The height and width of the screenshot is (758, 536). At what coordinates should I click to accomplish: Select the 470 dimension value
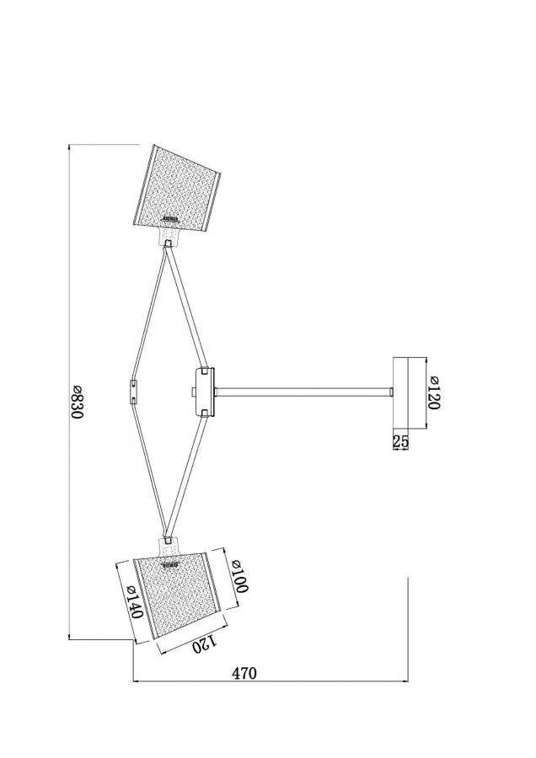pyautogui.click(x=244, y=672)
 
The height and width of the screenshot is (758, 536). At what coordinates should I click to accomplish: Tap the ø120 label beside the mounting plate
pyautogui.click(x=434, y=392)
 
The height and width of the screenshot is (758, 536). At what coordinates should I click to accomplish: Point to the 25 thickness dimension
pyautogui.click(x=401, y=440)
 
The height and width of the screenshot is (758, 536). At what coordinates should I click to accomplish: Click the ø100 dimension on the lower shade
pyautogui.click(x=239, y=576)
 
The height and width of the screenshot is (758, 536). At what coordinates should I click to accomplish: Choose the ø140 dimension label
pyautogui.click(x=133, y=602)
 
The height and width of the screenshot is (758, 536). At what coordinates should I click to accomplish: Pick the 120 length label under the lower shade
pyautogui.click(x=205, y=644)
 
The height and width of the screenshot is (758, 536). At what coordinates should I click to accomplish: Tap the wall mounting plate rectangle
pyautogui.click(x=400, y=392)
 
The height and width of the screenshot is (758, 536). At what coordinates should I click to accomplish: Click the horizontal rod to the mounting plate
pyautogui.click(x=303, y=392)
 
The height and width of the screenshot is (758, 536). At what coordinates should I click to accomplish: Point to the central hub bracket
pyautogui.click(x=204, y=392)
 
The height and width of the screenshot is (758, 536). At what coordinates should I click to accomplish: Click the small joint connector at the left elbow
pyautogui.click(x=133, y=392)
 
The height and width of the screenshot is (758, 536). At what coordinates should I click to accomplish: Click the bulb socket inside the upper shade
pyautogui.click(x=171, y=220)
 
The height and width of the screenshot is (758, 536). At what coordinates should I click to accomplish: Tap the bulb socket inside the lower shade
pyautogui.click(x=171, y=563)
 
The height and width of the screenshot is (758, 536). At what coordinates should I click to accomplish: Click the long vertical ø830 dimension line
pyautogui.click(x=69, y=392)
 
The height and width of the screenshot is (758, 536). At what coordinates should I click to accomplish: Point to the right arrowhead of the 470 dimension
pyautogui.click(x=405, y=681)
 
